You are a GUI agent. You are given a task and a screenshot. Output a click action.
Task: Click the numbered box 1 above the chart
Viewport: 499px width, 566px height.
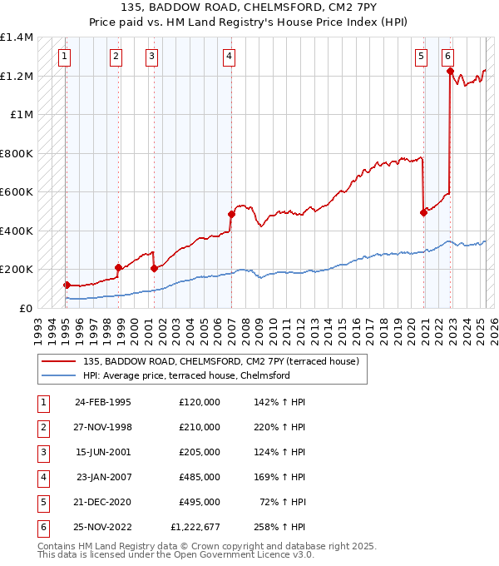pyautogui.click(x=65, y=57)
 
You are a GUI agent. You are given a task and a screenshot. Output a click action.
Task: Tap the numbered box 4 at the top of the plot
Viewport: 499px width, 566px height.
pyautogui.click(x=228, y=57)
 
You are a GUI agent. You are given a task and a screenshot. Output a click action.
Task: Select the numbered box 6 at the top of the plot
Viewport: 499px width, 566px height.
pyautogui.click(x=447, y=57)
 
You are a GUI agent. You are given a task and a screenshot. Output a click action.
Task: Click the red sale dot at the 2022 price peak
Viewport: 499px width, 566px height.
pyautogui.click(x=450, y=72)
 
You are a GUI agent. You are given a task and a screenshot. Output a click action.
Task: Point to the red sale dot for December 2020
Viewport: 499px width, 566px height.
pyautogui.click(x=423, y=212)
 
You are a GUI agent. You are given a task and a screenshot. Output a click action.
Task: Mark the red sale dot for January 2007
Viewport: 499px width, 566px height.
pyautogui.click(x=231, y=214)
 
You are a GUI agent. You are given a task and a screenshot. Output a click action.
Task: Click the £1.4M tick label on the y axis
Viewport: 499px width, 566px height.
pyautogui.click(x=17, y=37)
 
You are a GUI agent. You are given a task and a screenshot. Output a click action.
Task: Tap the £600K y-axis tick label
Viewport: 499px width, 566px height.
pyautogui.click(x=17, y=192)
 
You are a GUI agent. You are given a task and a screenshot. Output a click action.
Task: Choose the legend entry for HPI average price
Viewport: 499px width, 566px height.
pyautogui.click(x=186, y=375)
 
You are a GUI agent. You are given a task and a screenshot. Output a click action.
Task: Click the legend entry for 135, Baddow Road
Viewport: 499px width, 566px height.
pyautogui.click(x=220, y=361)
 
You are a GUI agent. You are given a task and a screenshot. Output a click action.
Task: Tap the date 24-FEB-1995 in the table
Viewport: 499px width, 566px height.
pyautogui.click(x=103, y=402)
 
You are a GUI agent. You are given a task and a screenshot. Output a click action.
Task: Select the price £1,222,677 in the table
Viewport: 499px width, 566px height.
pyautogui.click(x=196, y=527)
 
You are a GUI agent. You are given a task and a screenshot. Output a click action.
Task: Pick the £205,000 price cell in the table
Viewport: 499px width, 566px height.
pyautogui.click(x=200, y=452)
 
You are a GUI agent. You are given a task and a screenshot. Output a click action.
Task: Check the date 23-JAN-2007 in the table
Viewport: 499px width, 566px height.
pyautogui.click(x=104, y=477)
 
